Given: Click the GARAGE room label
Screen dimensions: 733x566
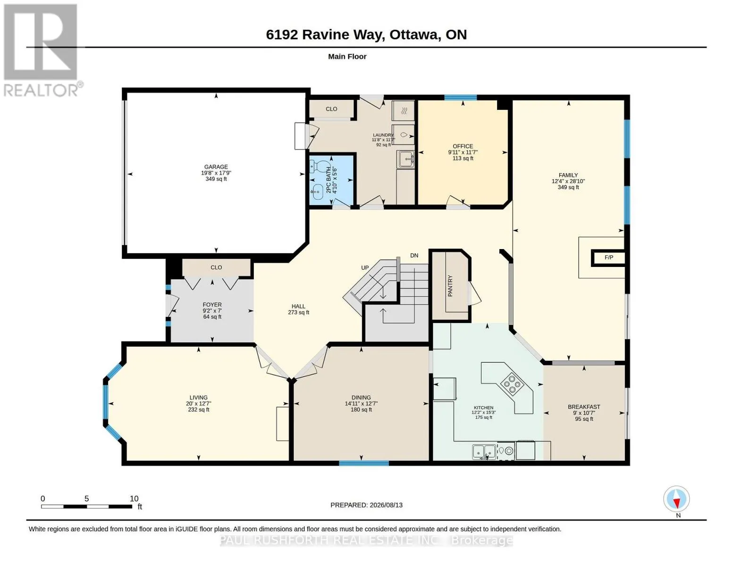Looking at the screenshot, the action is coord(216,166).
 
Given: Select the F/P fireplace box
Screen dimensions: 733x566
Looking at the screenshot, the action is coord(608,258).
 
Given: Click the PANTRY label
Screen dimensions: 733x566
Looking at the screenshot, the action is coord(450,286).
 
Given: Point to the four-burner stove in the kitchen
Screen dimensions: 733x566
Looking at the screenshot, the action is coord(512,384).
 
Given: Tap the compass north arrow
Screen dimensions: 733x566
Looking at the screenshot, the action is coord(676,499).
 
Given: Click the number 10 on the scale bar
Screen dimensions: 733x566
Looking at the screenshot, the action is coord(134,499).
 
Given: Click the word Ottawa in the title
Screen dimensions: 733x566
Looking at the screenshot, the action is coord(414,34).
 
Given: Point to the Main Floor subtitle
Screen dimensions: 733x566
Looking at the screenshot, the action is coord(347,57).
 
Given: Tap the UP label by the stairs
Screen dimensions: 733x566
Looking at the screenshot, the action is coord(365,267).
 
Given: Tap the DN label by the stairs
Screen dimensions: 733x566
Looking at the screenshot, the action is coord(414,256).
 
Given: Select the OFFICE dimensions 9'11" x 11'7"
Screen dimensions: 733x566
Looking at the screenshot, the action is coord(463,152).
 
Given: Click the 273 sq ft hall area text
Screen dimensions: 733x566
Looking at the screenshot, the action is coord(298,313).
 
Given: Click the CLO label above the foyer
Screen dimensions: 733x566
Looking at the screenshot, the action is coord(216,267).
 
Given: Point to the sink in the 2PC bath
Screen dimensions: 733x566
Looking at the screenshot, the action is coord(316,192).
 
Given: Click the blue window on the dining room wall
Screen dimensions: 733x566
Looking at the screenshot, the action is coord(363,463).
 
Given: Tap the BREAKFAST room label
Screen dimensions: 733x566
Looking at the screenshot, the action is coord(584,407).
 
